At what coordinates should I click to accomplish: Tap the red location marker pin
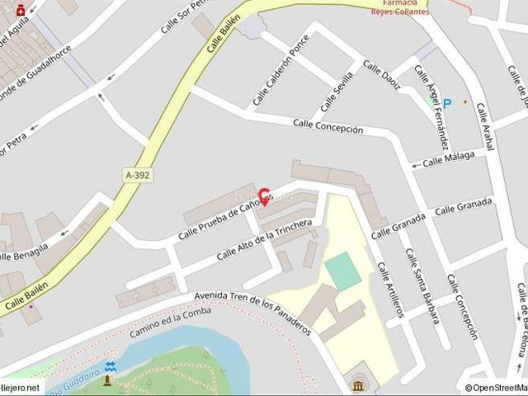tap(265, 196)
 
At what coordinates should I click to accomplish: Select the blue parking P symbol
tap(447, 103)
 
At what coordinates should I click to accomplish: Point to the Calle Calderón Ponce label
tap(281, 70)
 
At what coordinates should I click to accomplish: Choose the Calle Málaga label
tap(449, 159)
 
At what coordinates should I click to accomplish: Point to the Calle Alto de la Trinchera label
tap(264, 240)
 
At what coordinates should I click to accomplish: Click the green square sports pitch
tap(343, 271)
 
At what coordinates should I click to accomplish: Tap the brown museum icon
tap(358, 386)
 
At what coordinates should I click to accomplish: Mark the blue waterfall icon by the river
tap(111, 365)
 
